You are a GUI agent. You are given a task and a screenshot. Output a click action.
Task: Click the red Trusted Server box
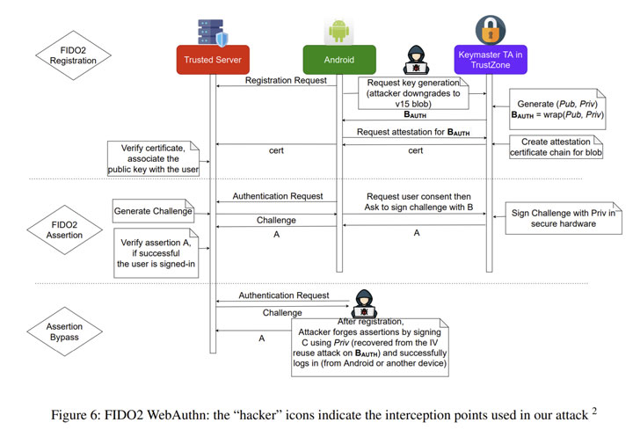click(x=213, y=60)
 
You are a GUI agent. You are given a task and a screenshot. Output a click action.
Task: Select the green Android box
click(x=339, y=60)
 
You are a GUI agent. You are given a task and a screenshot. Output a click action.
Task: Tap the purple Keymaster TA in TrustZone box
click(x=491, y=60)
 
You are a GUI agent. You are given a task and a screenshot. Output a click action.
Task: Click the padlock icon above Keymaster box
click(x=491, y=30)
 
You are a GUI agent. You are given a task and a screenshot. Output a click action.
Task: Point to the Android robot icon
click(x=338, y=31)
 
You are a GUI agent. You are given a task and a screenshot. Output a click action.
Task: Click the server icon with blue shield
click(x=213, y=33)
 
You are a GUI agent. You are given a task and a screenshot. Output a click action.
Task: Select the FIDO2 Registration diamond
click(x=73, y=55)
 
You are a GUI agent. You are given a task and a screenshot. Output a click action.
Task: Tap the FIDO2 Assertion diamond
click(x=64, y=230)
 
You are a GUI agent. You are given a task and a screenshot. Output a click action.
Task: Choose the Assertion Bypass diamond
click(x=64, y=331)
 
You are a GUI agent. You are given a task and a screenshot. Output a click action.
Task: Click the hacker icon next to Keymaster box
click(x=416, y=60)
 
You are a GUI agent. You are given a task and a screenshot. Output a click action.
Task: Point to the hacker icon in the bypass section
click(x=364, y=304)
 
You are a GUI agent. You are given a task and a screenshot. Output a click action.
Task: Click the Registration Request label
click(x=286, y=81)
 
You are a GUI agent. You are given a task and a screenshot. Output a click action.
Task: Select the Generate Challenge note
click(x=153, y=211)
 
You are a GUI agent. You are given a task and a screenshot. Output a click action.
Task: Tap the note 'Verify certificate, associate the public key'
click(x=153, y=159)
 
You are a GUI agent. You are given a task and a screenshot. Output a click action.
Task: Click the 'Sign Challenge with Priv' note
click(x=564, y=218)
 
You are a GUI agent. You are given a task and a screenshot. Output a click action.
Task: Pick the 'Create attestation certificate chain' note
click(x=556, y=147)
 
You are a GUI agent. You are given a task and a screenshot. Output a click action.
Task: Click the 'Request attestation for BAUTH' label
click(x=413, y=132)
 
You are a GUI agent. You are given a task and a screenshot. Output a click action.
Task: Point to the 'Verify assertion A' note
click(x=156, y=253)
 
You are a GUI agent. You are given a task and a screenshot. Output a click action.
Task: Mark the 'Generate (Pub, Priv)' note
click(x=557, y=109)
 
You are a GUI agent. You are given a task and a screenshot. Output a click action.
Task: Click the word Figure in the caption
click(x=69, y=415)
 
